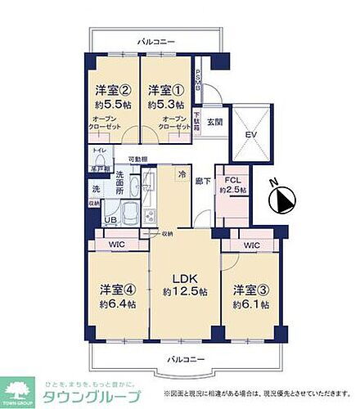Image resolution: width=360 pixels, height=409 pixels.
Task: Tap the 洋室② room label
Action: pyautogui.click(x=112, y=90)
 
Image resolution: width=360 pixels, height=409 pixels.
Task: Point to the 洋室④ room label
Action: pyautogui.click(x=117, y=290)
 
